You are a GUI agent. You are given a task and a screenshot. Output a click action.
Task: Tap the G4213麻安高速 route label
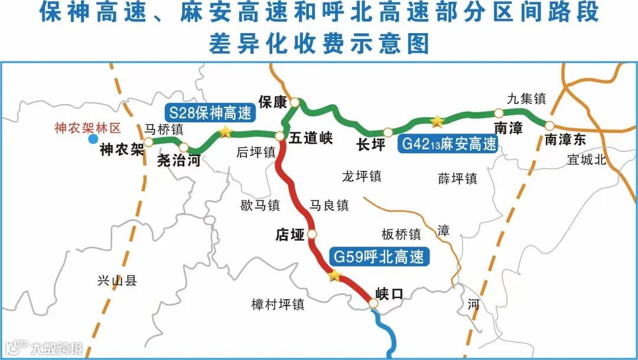pyautogui.click(x=448, y=144)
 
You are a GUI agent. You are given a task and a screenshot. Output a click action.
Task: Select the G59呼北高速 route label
pyautogui.click(x=379, y=257)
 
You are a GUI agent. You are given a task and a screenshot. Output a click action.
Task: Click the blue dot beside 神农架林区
pyautogui.click(x=93, y=140)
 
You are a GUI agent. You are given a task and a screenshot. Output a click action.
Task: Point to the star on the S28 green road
pyautogui.click(x=225, y=132)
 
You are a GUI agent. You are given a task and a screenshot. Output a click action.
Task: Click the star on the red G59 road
pyautogui.click(x=335, y=275)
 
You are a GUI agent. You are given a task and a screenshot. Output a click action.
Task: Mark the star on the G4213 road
pyautogui.click(x=437, y=122)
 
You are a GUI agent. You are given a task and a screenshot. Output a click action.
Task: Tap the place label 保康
pyautogui.click(x=272, y=102)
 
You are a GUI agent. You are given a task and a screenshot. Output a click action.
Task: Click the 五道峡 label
pyautogui.click(x=311, y=139)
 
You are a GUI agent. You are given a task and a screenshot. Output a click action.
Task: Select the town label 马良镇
pyautogui.click(x=329, y=205)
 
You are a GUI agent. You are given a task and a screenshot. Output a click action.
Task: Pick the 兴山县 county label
pyautogui.click(x=117, y=281)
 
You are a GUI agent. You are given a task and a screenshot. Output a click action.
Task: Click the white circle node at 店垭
pyautogui.click(x=312, y=235)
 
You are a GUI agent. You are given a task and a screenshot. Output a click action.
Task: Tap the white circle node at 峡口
pyautogui.click(x=373, y=303)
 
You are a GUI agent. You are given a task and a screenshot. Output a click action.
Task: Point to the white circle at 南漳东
pyautogui.click(x=549, y=126)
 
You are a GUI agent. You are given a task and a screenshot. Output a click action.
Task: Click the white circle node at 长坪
pyautogui.click(x=388, y=132)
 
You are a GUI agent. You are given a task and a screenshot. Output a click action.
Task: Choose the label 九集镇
pyautogui.click(x=526, y=98)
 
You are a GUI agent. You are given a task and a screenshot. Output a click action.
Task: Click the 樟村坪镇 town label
pyautogui.click(x=278, y=304)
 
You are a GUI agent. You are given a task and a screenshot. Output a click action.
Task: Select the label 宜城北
pyautogui.click(x=587, y=160)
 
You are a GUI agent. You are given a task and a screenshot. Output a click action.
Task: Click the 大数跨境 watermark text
pyautogui.click(x=57, y=349)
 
